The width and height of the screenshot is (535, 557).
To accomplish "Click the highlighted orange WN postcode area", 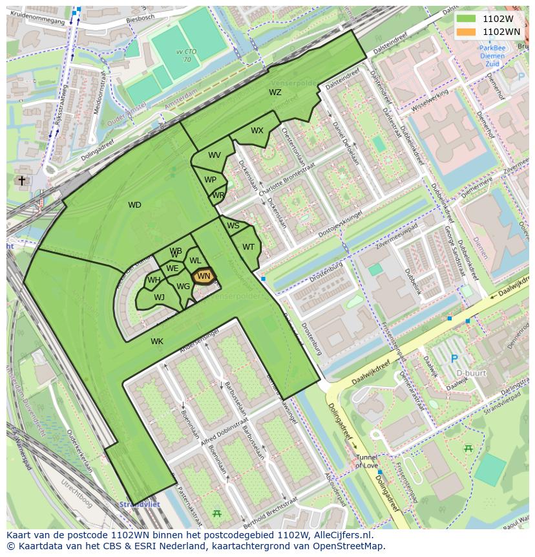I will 204,276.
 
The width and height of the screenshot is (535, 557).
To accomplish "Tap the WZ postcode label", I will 275,93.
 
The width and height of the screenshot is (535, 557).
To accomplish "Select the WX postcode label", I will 257,131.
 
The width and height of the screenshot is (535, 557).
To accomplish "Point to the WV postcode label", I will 215,155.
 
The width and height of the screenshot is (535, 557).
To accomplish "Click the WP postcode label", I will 210,180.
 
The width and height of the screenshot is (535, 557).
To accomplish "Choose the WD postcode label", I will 134,205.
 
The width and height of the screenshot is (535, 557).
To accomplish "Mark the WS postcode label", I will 233,226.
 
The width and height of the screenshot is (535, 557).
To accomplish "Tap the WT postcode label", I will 248,246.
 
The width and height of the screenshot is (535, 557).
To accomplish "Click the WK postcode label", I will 157,341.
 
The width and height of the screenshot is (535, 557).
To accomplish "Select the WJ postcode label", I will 159,298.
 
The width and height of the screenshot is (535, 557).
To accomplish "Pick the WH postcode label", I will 153,280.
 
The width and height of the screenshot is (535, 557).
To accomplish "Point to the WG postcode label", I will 183,287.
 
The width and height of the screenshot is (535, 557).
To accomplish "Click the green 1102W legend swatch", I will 465,19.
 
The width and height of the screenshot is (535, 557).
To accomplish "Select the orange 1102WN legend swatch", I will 465,32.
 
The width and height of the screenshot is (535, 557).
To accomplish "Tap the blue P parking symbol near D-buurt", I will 454,358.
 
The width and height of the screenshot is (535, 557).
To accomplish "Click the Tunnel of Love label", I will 366,461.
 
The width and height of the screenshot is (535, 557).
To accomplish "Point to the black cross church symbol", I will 22,181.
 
